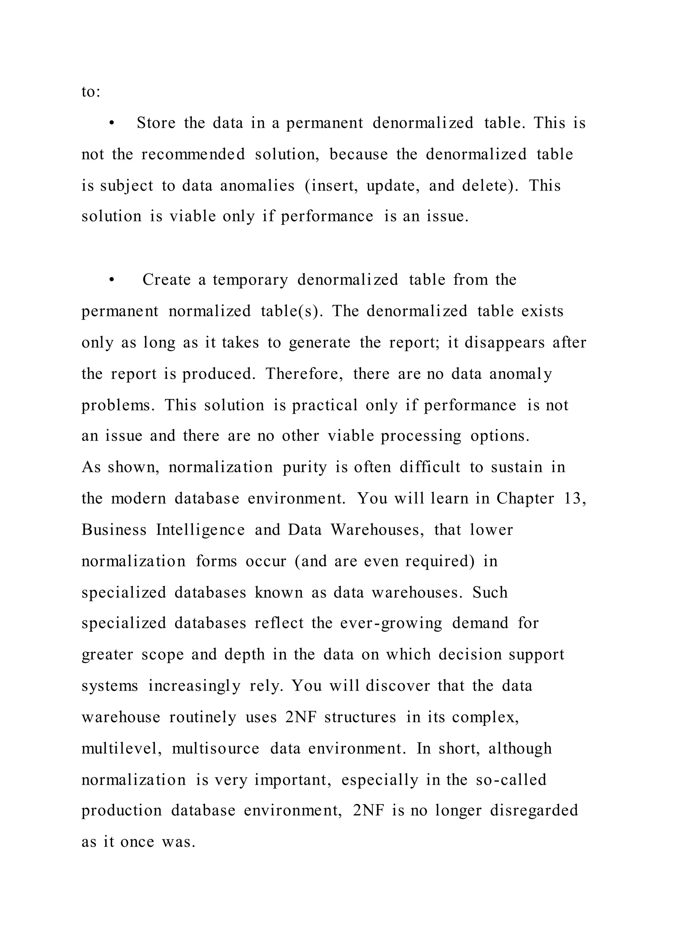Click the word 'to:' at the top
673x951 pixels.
point(91,92)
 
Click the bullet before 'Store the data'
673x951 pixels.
point(111,123)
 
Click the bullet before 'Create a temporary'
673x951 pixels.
point(111,280)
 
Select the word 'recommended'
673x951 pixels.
point(193,154)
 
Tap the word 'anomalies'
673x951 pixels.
point(257,186)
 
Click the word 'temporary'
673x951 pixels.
point(250,280)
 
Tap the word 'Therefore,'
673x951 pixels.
point(305,374)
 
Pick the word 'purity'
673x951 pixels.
point(305,468)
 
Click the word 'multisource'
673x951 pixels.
point(216,749)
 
